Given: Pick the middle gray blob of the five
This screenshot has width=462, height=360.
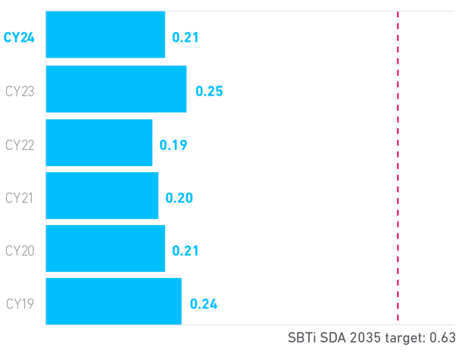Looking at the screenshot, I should point(22,196).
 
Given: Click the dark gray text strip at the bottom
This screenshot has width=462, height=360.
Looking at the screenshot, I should point(371,333).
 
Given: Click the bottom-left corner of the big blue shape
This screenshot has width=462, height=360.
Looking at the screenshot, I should point(48,321).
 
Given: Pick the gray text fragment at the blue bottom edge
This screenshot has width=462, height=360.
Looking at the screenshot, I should point(203,311).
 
